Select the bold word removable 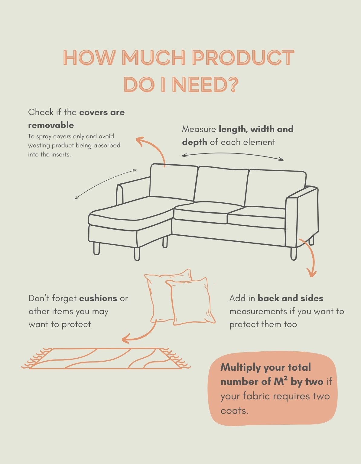click(51, 125)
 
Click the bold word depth click(194, 142)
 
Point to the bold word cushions click(98, 298)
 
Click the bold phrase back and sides click(290, 298)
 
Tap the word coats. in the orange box click(234, 411)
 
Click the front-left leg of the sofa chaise click(96, 248)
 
